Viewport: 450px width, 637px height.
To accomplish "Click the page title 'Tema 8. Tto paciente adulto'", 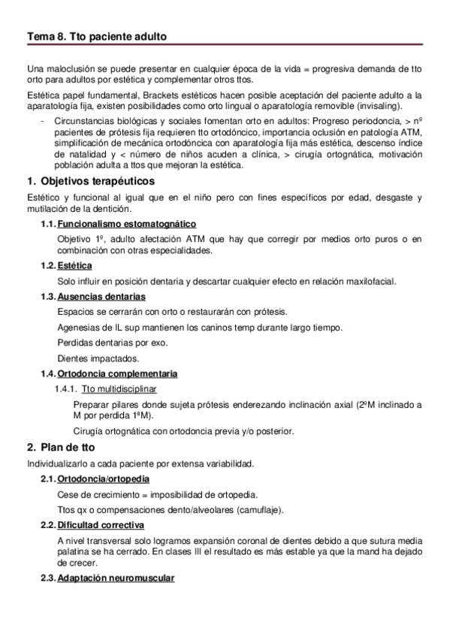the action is click(96, 36).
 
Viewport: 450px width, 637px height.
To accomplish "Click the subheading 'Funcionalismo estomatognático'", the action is click(127, 225).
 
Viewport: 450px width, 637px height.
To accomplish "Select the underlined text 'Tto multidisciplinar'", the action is click(119, 388).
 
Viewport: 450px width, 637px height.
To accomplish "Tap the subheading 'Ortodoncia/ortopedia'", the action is click(103, 479).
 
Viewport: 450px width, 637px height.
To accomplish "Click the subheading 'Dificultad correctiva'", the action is click(101, 524).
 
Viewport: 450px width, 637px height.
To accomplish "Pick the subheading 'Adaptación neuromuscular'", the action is click(116, 578).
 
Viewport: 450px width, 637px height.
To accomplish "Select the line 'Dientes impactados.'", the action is click(98, 358).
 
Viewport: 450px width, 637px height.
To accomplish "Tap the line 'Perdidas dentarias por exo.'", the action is click(111, 343).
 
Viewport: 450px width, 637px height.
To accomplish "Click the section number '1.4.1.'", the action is click(66, 388).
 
